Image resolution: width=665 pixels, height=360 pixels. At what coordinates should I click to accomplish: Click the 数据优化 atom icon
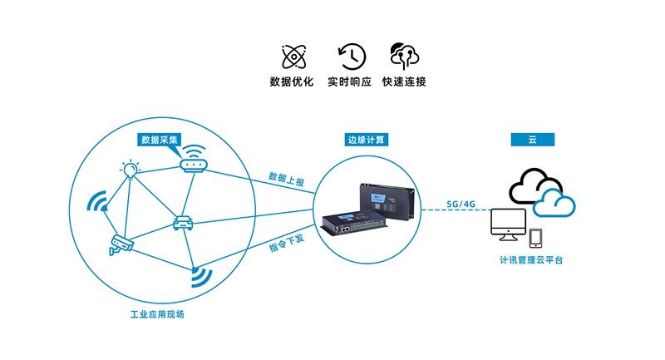tap(291, 56)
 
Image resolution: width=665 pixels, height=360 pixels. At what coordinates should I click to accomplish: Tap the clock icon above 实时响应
tap(352, 56)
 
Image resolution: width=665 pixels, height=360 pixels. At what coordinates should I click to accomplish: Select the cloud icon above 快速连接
tap(404, 56)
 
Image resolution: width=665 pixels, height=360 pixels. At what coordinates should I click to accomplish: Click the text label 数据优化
tap(291, 82)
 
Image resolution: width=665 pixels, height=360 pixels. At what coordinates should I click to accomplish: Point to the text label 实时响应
tap(352, 82)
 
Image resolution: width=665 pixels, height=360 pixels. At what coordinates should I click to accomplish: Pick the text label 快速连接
tap(404, 82)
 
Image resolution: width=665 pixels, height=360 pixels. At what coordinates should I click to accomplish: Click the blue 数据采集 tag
tap(159, 139)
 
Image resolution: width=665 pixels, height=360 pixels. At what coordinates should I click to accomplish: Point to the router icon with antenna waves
tap(194, 160)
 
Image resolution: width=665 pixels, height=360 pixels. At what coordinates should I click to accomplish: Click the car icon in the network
tap(183, 223)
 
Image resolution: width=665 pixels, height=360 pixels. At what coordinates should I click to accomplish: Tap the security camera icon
tap(121, 244)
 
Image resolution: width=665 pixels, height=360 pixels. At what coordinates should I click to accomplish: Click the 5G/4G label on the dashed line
tap(461, 205)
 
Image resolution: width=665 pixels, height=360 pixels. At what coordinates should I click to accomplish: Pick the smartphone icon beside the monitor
tap(536, 238)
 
